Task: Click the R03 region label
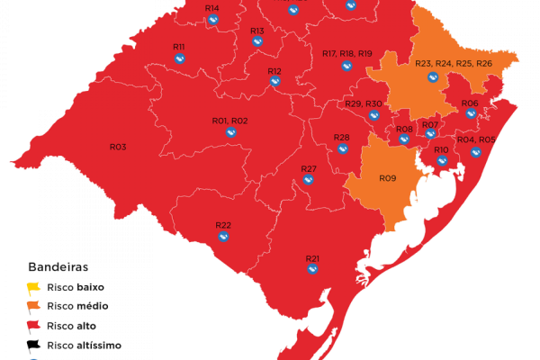[118, 147]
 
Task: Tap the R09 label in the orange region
[387, 178]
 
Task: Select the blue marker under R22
[223, 238]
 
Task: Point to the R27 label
[309, 169]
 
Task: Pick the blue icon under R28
[342, 149]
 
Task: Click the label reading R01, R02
[229, 121]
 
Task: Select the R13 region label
[257, 31]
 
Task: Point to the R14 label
[211, 8]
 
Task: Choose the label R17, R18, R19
[346, 54]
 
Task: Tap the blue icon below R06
[470, 113]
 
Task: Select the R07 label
[430, 124]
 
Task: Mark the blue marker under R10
[442, 161]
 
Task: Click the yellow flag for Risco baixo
[33, 288]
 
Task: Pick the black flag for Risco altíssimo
[33, 344]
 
